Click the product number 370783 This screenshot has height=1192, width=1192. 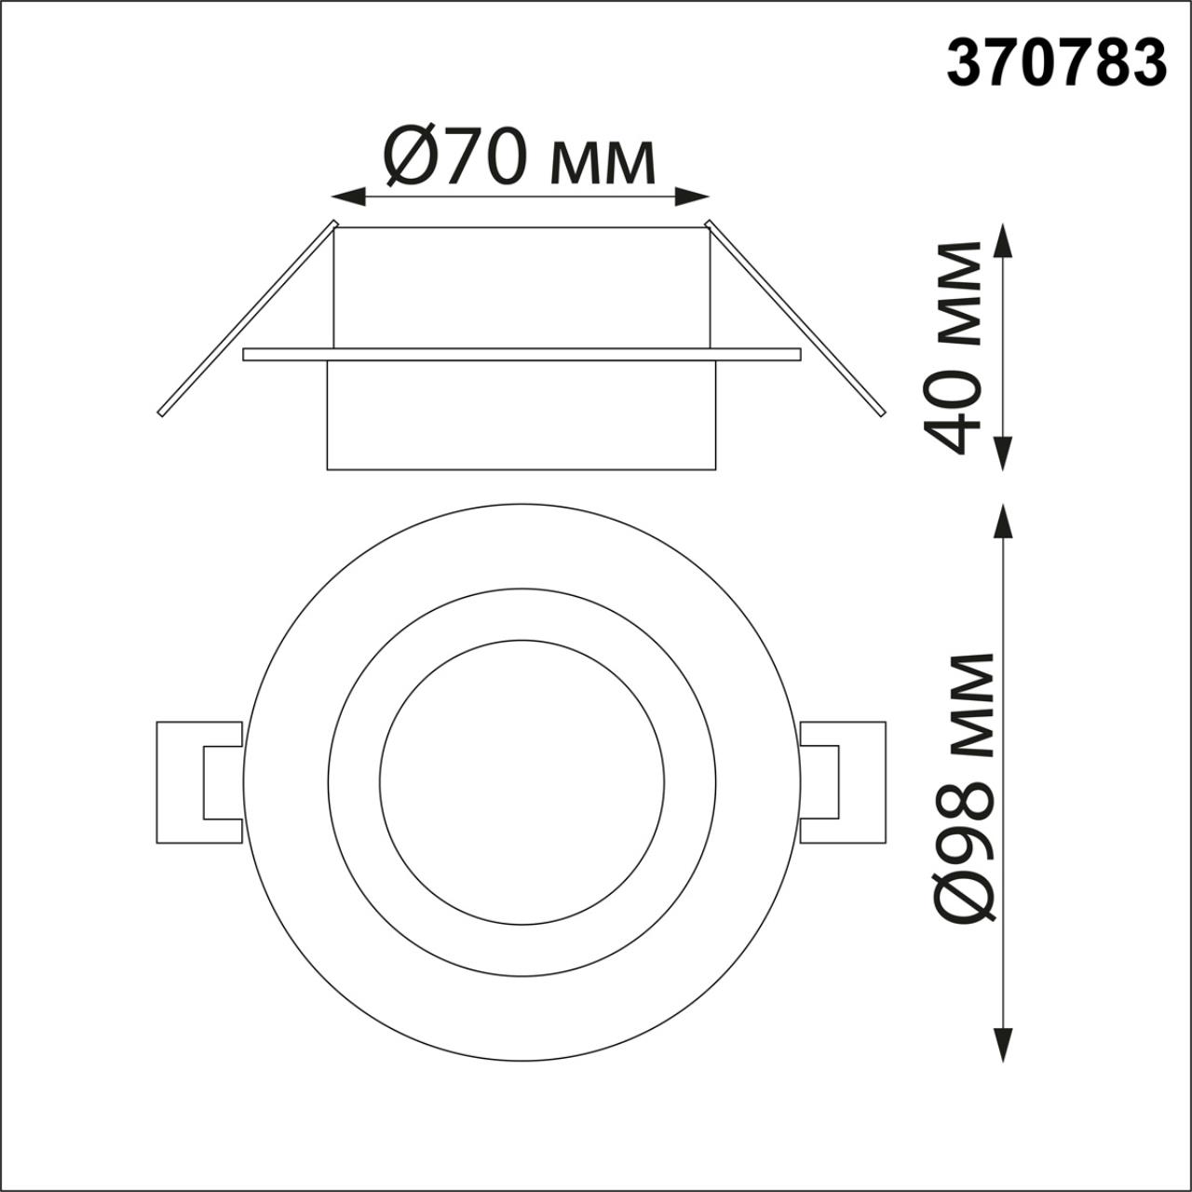1056,63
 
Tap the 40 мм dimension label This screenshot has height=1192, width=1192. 952,346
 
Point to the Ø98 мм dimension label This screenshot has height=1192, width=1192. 963,787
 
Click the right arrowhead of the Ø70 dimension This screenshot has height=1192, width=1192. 693,196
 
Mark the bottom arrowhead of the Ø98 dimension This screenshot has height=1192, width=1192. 1003,1043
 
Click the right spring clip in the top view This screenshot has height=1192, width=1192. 843,782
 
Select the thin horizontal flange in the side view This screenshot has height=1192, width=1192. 521,354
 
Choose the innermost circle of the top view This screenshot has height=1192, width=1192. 521,782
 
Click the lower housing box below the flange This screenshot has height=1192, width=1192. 521,414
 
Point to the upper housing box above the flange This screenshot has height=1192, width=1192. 521,289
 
